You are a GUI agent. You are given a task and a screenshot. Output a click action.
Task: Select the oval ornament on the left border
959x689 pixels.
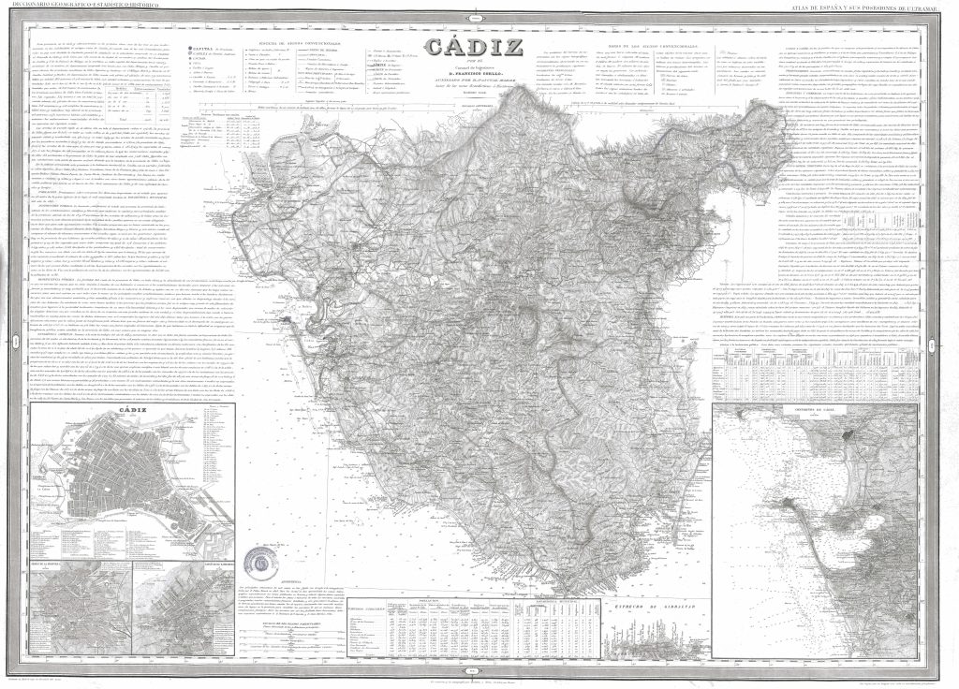pyautogui.click(x=18, y=345)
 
